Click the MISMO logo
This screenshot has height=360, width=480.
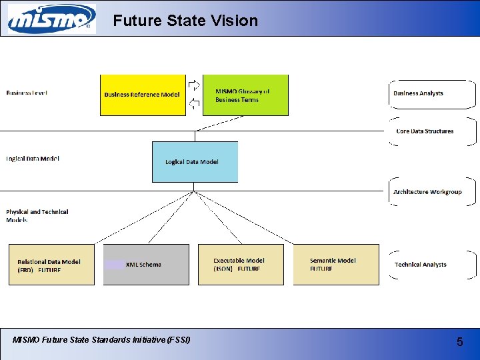[x=51, y=19]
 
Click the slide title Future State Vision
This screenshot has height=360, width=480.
[x=185, y=21]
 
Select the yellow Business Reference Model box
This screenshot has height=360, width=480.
[x=143, y=95]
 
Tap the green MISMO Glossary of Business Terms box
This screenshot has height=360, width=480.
[x=245, y=95]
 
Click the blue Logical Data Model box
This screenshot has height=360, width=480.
[x=195, y=161]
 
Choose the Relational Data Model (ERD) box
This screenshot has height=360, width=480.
[x=51, y=265]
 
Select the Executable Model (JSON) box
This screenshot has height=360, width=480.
[x=241, y=265]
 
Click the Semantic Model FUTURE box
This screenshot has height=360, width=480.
[x=336, y=265]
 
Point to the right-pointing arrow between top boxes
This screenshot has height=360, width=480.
[x=194, y=85]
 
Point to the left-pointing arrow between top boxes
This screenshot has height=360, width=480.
[x=194, y=103]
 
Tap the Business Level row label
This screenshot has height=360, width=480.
[x=27, y=93]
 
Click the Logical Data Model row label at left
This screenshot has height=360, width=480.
[x=33, y=159]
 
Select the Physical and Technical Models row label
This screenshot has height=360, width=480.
[x=37, y=215]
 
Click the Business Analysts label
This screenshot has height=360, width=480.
[x=418, y=93]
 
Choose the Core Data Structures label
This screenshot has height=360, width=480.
[x=425, y=131]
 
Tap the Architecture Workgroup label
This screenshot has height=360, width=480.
[x=427, y=192]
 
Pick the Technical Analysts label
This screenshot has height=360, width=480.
[x=421, y=265]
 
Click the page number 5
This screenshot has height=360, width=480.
[x=459, y=342]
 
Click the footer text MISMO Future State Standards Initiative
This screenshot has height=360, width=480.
[x=101, y=340]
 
